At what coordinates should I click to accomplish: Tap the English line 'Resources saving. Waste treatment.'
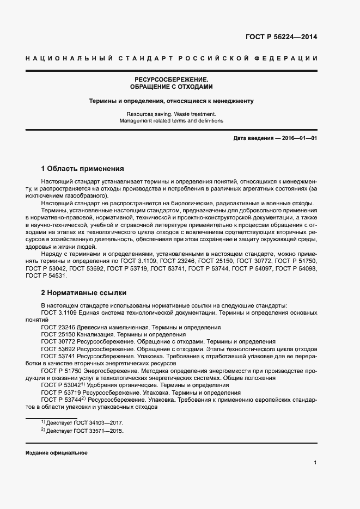click(x=172, y=114)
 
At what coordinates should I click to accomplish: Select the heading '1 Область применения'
click(x=83, y=168)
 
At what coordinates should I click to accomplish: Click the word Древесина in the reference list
click(x=88, y=327)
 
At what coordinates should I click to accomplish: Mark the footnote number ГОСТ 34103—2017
click(x=101, y=422)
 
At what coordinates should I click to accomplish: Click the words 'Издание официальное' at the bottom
click(x=56, y=453)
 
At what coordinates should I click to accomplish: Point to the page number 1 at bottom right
click(x=315, y=463)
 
